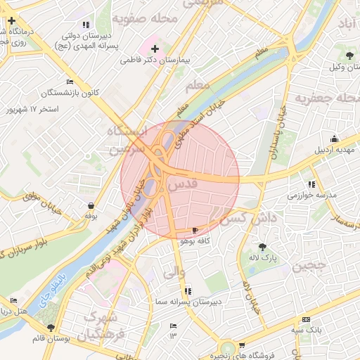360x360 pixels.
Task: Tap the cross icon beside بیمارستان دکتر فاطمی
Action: coord(155,49)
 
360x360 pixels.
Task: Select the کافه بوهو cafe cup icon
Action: coord(195,230)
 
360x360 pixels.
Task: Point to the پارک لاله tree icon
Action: coord(262,247)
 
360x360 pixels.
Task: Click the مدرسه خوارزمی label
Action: coord(313,195)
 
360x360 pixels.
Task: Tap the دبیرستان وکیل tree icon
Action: coord(349,54)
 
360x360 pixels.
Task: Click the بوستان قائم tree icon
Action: coord(51,328)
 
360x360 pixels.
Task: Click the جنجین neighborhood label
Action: coord(309,266)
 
